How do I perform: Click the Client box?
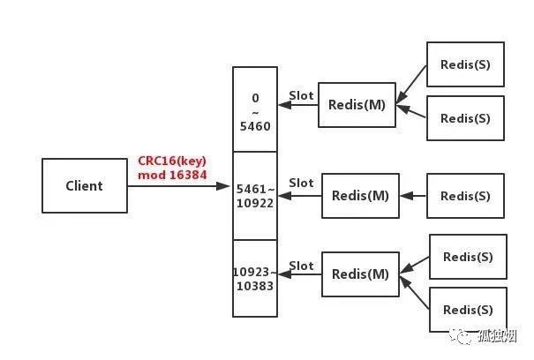coord(84,186)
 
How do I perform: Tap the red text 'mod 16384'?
coord(172,176)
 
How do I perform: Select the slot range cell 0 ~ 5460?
coord(254,109)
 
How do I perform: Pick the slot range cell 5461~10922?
coord(254,195)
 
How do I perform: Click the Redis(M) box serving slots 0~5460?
coord(357,105)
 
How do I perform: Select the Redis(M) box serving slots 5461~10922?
coord(360,196)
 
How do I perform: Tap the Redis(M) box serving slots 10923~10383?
coord(360,274)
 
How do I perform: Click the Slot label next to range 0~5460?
coord(301,95)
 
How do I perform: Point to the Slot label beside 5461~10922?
coord(301,184)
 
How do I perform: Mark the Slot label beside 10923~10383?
coord(301,266)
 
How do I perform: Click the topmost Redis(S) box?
coord(465,64)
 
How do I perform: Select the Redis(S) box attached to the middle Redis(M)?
coord(465,196)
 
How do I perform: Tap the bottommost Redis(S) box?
coord(468,310)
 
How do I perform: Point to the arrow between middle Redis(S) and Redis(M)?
coord(413,196)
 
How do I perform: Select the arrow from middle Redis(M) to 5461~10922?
coord(299,196)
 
